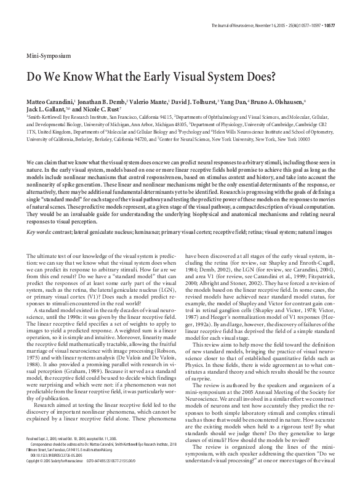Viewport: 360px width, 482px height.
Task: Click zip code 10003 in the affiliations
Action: tap(319, 139)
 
